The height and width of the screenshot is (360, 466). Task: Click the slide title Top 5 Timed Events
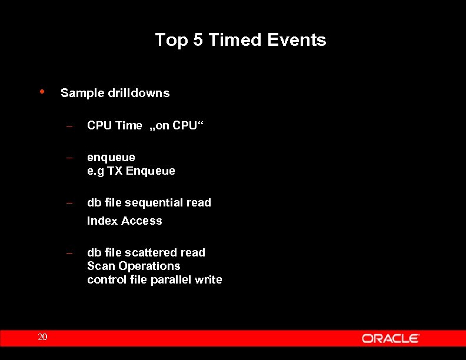[240, 40]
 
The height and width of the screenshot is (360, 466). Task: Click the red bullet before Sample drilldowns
[42, 91]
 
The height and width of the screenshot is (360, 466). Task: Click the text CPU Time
[114, 125]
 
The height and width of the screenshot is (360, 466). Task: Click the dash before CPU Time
[69, 125]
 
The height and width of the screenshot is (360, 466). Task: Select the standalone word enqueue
[111, 158]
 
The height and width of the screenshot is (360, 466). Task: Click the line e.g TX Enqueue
[131, 171]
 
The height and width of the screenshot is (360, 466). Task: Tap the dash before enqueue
[69, 158]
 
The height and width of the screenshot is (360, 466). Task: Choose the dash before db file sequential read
[69, 203]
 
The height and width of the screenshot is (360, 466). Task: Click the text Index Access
[124, 221]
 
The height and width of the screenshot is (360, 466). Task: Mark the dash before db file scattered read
[69, 253]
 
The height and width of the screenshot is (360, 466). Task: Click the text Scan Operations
[134, 266]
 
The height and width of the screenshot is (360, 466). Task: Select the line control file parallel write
[154, 280]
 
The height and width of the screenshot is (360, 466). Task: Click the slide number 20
[42, 337]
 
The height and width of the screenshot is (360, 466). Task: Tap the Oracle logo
[390, 338]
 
